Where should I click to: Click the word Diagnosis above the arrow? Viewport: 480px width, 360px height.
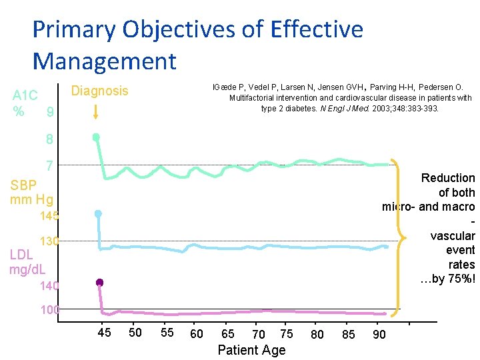coord(99,91)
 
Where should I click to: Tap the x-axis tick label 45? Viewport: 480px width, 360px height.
coord(104,333)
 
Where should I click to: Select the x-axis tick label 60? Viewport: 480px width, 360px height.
coord(197,334)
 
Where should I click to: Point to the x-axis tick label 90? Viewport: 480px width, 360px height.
coord(379,334)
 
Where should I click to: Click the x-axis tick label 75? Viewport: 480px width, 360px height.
coord(286,333)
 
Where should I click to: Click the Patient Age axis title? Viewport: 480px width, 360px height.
coord(251,350)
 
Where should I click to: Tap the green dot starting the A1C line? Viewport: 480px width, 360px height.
coord(96,137)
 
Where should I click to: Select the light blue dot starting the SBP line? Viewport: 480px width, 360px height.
coord(98,214)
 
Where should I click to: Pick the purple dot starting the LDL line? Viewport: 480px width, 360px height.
coord(99,283)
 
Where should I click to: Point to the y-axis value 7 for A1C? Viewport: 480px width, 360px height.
coord(49,165)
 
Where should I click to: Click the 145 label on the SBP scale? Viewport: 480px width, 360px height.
coord(49,216)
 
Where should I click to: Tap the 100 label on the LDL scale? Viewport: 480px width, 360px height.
coord(49,310)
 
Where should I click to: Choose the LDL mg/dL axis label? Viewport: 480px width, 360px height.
coord(27,262)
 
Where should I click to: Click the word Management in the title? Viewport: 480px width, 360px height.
coord(104,61)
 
